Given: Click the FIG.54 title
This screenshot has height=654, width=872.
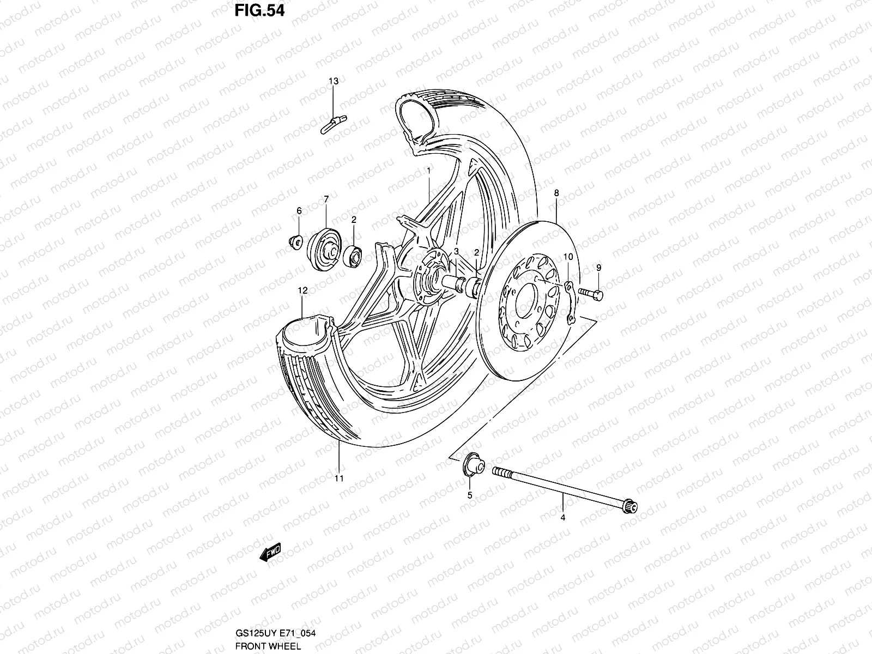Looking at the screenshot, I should coord(259,11).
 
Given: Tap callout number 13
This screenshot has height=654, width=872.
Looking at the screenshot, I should coord(333,81).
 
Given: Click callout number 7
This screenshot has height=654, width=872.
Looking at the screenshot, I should coord(326,199).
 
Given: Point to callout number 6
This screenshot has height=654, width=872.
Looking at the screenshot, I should coord(299,210).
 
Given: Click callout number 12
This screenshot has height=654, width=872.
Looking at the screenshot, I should coord(302,291).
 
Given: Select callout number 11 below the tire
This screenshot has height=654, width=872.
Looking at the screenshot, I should coord(339,479).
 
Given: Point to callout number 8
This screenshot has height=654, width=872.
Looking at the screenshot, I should coord(556,192).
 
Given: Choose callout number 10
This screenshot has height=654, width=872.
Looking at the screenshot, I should coord(567,257).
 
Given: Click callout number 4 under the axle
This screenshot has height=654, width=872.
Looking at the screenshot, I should coord(563,518).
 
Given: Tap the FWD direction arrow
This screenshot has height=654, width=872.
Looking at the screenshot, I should coord(270,553).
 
